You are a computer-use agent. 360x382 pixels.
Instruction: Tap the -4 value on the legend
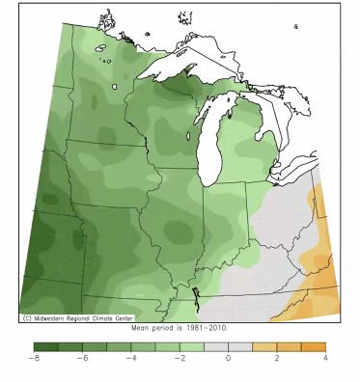130,358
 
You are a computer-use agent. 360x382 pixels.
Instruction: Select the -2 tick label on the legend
179,358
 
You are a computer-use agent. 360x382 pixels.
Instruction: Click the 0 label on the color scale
229,358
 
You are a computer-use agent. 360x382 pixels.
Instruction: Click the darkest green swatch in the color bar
44,345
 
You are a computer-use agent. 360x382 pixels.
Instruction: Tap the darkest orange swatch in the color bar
314,345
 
